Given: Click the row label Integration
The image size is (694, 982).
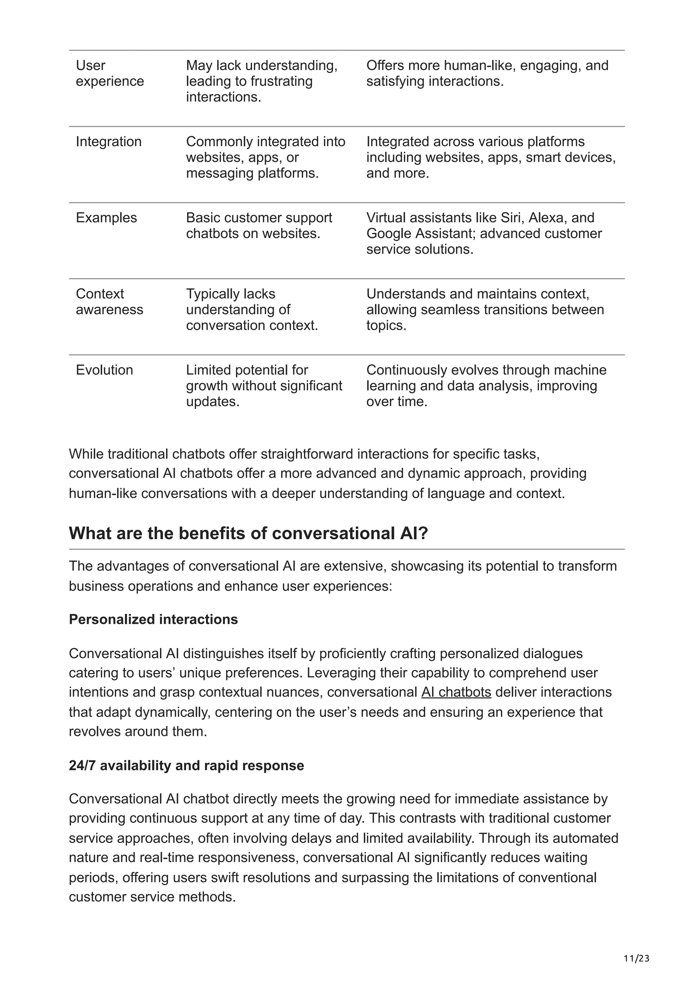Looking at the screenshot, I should [x=109, y=142].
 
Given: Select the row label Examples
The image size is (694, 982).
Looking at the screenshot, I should [x=106, y=218].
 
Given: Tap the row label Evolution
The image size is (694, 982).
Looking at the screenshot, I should [x=104, y=370].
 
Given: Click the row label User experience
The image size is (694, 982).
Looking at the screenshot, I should [x=109, y=73].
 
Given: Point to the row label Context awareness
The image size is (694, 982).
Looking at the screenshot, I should [x=109, y=302].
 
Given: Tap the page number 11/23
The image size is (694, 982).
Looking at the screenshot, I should [x=637, y=959].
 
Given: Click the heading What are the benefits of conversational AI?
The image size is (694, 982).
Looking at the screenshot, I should [x=248, y=533].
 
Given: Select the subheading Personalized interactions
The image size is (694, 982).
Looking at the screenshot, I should [x=153, y=619].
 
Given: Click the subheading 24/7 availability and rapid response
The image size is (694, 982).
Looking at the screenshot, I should [x=186, y=765].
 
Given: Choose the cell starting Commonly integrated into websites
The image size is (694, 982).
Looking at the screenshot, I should [x=265, y=157].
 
